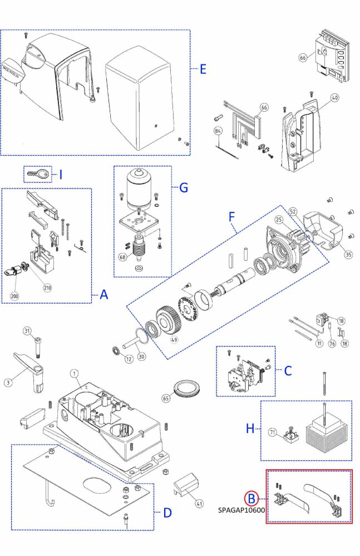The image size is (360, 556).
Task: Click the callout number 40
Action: point(334,98)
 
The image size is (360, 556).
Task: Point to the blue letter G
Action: point(184,187)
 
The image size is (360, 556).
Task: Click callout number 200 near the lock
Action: point(14,296)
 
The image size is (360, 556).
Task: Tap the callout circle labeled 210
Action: point(47,287)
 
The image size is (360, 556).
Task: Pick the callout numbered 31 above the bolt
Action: point(27,331)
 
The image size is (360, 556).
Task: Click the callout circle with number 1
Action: point(74,374)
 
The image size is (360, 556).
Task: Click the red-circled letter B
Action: point(251,498)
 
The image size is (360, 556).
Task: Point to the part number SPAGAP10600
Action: point(241,509)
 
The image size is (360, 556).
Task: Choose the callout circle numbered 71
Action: point(273,431)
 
